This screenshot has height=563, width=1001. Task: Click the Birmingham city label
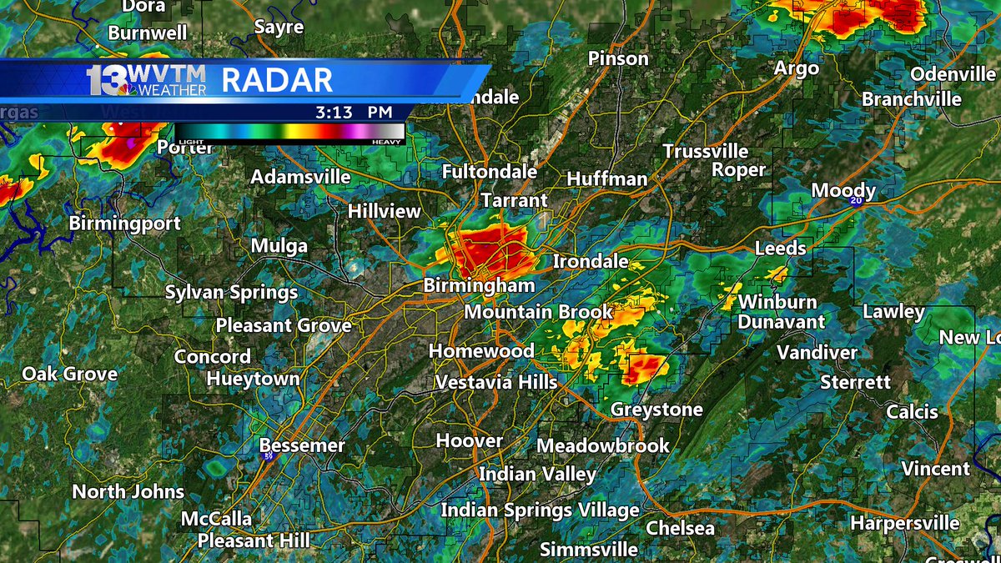(x=479, y=285)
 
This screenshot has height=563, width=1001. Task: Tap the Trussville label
(x=706, y=151)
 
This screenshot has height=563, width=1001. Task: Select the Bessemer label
(x=302, y=445)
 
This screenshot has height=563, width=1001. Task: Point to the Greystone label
(x=656, y=410)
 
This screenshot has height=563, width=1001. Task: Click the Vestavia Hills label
(x=495, y=382)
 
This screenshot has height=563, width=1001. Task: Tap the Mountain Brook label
(x=538, y=312)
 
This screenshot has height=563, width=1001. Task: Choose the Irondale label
(x=591, y=261)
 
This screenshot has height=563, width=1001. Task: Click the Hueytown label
(x=253, y=379)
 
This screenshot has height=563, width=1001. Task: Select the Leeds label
(x=780, y=248)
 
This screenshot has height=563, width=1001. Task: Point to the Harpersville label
(x=904, y=524)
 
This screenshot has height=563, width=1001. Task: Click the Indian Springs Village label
(x=540, y=510)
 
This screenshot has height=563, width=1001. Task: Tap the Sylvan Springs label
(x=231, y=293)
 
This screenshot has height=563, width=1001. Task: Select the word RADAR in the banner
(x=277, y=81)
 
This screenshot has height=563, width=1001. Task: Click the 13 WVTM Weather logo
(x=146, y=80)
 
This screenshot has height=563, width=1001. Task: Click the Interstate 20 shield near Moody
(x=856, y=201)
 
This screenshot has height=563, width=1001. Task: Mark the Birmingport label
(x=124, y=224)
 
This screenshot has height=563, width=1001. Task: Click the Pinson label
(x=618, y=58)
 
